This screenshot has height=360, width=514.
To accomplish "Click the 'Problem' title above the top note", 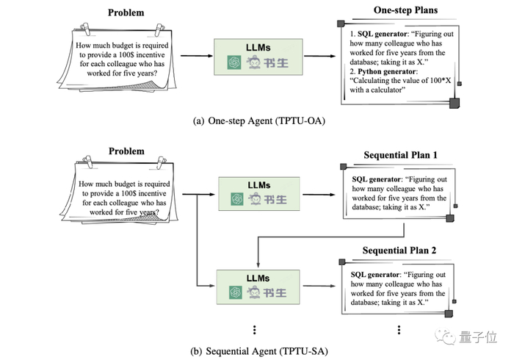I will point(126,12).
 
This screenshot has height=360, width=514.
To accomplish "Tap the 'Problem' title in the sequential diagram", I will point(126,151).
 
